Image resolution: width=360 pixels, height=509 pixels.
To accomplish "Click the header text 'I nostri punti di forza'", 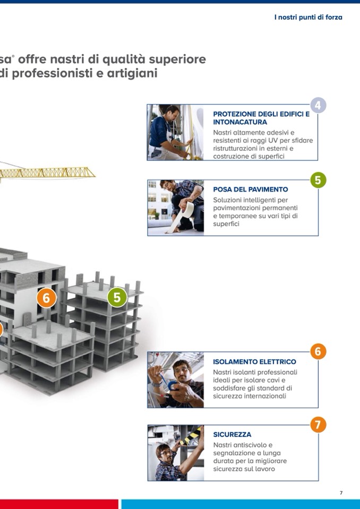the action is click(x=308, y=17).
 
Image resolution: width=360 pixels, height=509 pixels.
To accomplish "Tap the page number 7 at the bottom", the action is click(x=341, y=493).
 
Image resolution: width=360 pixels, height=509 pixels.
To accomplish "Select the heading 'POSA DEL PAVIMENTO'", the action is click(x=250, y=189).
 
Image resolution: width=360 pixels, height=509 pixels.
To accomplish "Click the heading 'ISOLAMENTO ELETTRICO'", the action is click(x=254, y=361).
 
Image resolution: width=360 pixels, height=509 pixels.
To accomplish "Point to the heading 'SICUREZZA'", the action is click(x=232, y=434).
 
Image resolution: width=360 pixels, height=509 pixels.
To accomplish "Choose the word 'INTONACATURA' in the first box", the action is click(x=240, y=122).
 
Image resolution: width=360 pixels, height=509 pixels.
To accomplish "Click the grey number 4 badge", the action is click(x=318, y=105).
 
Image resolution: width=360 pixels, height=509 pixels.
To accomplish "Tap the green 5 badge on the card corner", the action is click(x=318, y=180).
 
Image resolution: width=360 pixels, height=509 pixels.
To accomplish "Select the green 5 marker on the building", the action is click(x=117, y=297).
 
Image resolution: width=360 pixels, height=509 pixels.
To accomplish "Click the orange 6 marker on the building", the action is click(x=46, y=298).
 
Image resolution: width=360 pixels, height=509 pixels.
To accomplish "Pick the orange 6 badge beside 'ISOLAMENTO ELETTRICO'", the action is click(x=318, y=351).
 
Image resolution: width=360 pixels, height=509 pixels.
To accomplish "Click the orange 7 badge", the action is click(x=318, y=425).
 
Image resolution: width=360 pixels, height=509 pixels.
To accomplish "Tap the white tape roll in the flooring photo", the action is click(x=187, y=210).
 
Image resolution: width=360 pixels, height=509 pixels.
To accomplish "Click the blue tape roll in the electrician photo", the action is click(x=173, y=386).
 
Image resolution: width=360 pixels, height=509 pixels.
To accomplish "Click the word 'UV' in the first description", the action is click(x=272, y=141).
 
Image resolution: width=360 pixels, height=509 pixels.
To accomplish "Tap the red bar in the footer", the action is click(x=59, y=504).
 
